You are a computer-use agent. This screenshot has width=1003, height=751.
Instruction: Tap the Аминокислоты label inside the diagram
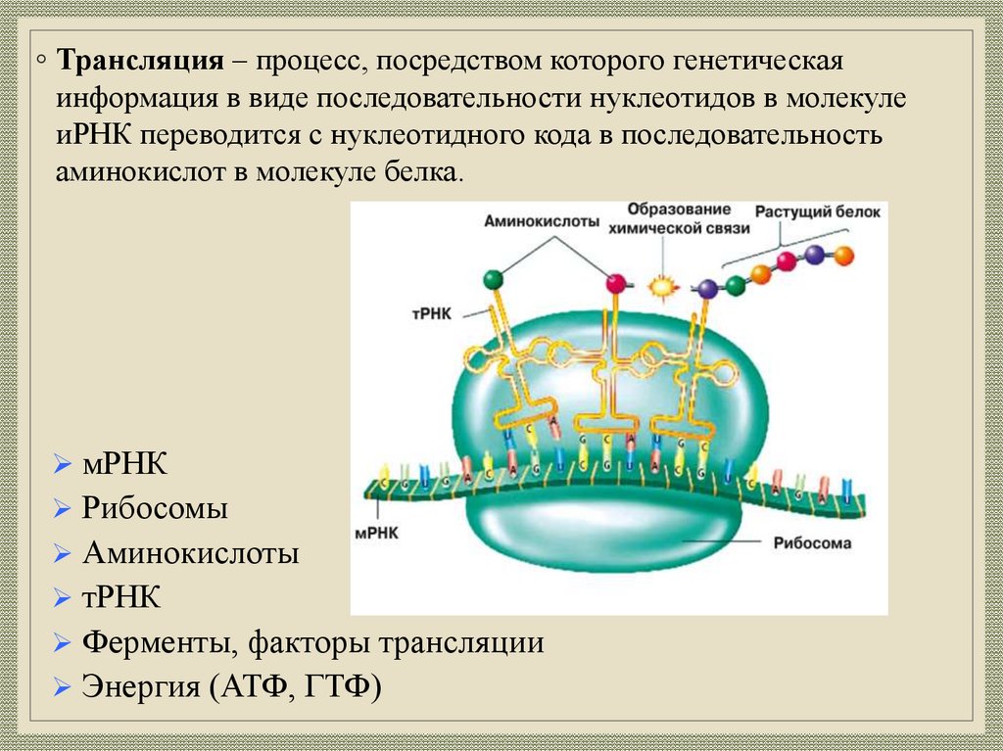coord(541,222)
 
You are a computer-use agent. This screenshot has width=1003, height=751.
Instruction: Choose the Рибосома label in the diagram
coord(812,542)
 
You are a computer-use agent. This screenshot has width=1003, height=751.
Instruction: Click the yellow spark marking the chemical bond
coord(664,286)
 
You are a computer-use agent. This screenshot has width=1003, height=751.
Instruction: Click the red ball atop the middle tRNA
coord(616,284)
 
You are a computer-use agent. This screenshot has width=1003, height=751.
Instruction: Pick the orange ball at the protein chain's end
coord(843,256)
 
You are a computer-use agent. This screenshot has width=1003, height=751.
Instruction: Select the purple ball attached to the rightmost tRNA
coord(707,288)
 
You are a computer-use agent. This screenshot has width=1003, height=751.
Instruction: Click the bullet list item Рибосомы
coord(155,509)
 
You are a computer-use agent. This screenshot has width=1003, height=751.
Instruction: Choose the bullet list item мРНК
coord(125,464)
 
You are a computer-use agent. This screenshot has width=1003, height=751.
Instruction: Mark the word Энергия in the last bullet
coord(141,685)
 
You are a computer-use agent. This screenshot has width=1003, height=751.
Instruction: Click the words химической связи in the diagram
coord(679,228)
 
